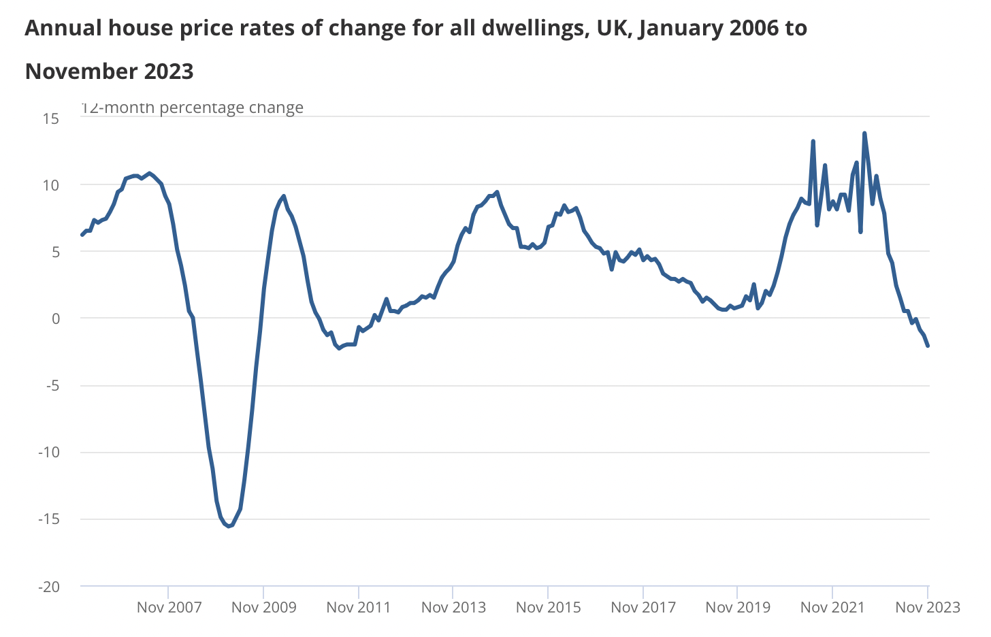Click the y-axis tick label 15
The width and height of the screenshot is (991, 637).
click(x=51, y=118)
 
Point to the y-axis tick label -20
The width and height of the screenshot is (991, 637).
click(x=48, y=587)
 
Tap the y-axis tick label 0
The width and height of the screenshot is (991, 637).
click(x=55, y=318)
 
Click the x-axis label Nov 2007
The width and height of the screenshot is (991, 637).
click(x=169, y=607)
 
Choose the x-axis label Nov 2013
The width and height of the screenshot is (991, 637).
click(x=453, y=607)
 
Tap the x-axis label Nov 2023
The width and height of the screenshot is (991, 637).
click(x=927, y=607)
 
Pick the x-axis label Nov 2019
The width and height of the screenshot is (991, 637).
click(x=738, y=607)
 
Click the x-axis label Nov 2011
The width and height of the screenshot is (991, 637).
click(x=359, y=607)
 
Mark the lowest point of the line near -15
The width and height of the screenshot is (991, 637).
click(x=229, y=526)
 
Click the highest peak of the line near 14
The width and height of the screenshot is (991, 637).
click(x=864, y=133)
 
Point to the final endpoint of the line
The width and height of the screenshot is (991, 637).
click(x=928, y=346)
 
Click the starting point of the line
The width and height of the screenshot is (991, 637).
click(x=82, y=235)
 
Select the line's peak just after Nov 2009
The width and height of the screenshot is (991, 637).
click(x=283, y=196)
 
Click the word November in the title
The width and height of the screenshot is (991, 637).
click(x=80, y=71)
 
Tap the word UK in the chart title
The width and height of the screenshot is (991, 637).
click(x=613, y=29)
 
